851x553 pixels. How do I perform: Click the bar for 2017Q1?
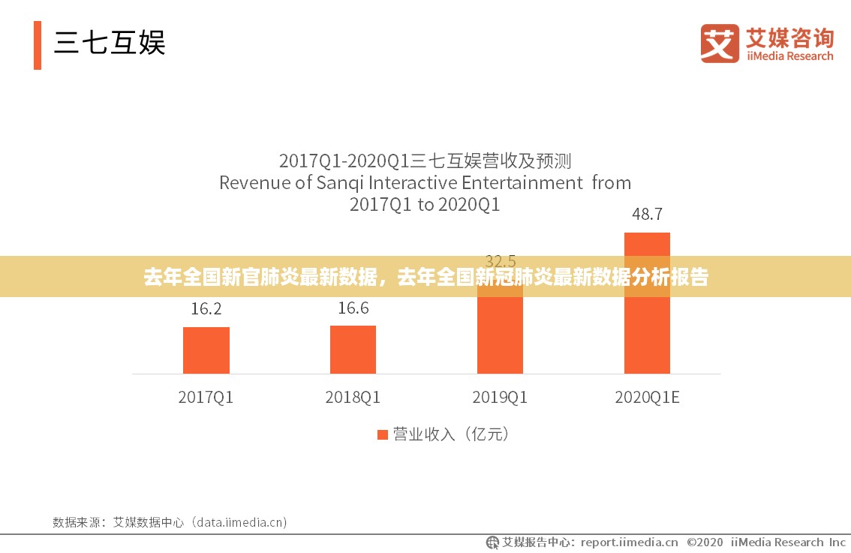[x=206, y=350]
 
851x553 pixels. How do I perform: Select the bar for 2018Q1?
[x=353, y=349]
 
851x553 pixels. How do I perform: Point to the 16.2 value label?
[x=206, y=308]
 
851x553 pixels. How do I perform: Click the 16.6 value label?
[x=353, y=308]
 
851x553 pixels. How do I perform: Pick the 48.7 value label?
[x=647, y=214]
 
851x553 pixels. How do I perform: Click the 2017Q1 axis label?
[x=206, y=398]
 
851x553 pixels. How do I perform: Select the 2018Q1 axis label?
[x=353, y=398]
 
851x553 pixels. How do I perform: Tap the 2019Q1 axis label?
[x=500, y=398]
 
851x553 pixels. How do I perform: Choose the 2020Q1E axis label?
[x=647, y=398]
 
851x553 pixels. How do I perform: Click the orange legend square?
[x=382, y=434]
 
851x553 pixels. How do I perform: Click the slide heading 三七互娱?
[x=110, y=42]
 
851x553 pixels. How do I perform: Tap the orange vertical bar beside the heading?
[x=38, y=45]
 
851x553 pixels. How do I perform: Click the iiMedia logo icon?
[x=720, y=43]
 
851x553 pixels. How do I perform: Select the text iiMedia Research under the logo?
[x=789, y=56]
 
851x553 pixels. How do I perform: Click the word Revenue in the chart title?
[x=254, y=182]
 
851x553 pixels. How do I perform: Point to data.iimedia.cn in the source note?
[x=240, y=522]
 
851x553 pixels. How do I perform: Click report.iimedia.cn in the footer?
[x=629, y=542]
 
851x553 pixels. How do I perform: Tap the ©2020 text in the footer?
[x=705, y=542]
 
